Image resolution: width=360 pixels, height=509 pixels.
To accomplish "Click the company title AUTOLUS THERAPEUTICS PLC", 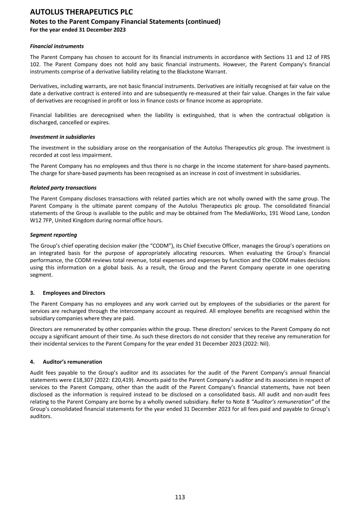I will click(81, 12).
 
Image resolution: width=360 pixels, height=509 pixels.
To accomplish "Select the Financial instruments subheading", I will click(57, 46).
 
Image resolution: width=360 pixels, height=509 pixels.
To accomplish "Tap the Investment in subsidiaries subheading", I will click(62, 137).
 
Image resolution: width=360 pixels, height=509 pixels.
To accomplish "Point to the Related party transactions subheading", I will click(63, 188).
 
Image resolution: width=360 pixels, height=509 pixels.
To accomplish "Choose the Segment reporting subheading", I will click(53, 235).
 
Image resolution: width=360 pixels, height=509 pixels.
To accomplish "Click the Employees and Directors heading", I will click(74, 293).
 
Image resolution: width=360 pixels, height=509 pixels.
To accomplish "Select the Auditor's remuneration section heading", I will click(72, 362).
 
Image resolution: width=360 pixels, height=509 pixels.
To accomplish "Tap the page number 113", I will click(180, 497).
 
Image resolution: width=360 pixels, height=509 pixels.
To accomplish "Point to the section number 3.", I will click(32, 293).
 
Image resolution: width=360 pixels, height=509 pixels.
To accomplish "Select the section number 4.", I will click(32, 362).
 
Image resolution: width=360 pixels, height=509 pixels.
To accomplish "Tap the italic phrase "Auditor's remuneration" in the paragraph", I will click(282, 402).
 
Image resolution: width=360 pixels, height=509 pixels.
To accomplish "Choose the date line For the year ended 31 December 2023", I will click(78, 30).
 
